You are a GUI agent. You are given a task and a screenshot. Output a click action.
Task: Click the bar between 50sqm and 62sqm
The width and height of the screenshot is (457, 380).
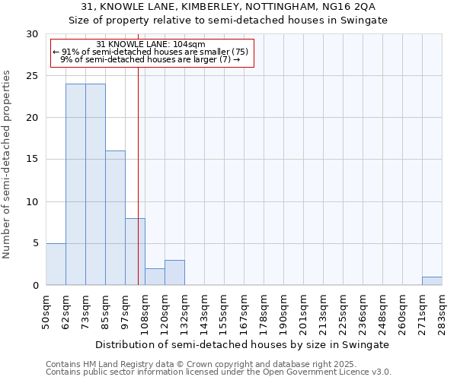(x=56, y=264)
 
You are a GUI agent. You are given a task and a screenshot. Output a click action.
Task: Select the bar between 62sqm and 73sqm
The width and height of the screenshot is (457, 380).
(x=75, y=185)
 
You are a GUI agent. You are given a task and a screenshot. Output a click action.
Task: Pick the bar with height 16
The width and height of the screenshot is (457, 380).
(x=115, y=218)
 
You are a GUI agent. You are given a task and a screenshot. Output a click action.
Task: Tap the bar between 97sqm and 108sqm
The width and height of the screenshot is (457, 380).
(x=135, y=252)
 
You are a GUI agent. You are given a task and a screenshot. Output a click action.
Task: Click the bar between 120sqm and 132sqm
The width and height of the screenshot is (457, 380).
(x=174, y=273)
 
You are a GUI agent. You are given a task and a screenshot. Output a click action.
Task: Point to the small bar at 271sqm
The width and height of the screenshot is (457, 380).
(x=432, y=281)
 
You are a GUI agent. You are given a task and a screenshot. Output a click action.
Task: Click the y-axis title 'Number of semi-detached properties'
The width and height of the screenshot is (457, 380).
(x=8, y=164)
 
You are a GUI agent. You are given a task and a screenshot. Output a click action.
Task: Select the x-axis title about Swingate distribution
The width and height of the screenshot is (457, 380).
(x=244, y=344)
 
